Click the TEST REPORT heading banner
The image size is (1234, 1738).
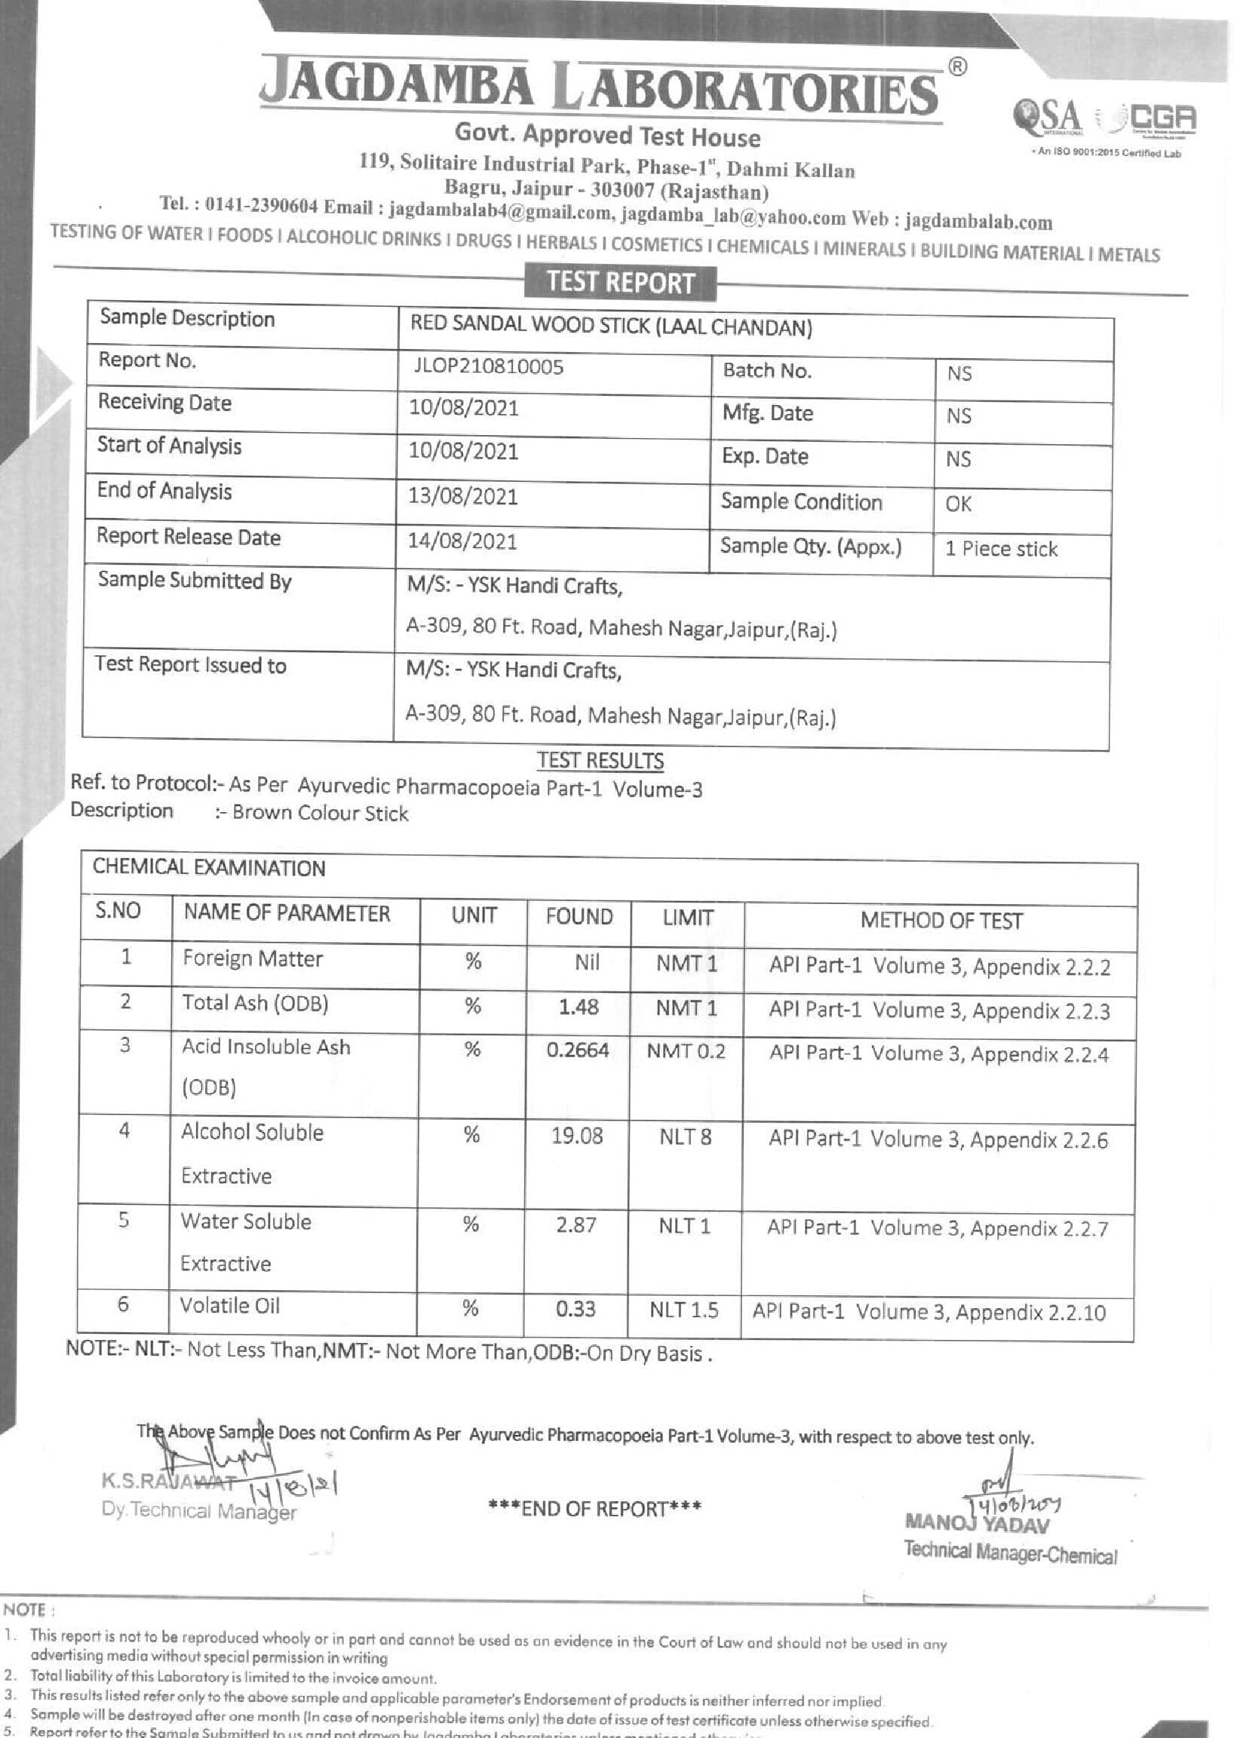620,283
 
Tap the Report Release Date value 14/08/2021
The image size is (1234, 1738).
463,541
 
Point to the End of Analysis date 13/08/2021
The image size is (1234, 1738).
463,497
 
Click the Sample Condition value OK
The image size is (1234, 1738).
958,504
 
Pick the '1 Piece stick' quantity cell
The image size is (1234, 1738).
1001,549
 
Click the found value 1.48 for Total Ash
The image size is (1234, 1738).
579,1007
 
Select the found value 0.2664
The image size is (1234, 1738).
578,1050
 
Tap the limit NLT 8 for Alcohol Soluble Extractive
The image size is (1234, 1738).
685,1137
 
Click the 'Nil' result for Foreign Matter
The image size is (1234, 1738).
587,963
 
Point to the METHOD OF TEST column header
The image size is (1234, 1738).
941,921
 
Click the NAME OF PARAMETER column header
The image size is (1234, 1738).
287,914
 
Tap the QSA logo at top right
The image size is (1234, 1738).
1046,115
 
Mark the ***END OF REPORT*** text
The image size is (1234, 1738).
595,1507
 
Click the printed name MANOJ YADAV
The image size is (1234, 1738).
976,1525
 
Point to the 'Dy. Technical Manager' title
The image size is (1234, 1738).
198,1511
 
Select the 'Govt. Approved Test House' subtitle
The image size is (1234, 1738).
607,136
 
